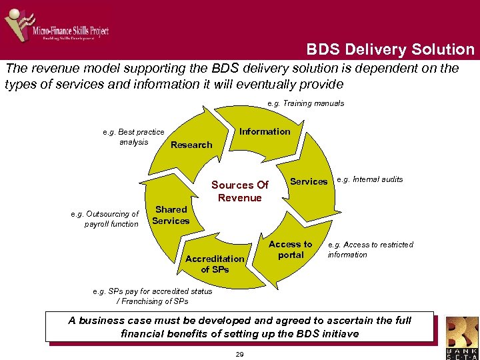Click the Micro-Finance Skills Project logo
56,26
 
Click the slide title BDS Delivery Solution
390,49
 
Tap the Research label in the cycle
191,145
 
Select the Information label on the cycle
265,131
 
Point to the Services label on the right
309,181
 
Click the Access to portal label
290,249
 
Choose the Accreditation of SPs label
215,264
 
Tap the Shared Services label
171,215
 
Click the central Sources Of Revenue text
239,191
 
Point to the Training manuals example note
305,103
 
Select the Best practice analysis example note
133,137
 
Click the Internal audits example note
370,179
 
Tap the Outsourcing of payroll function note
105,219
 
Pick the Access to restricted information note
370,249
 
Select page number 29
239,354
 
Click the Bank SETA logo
461,337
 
